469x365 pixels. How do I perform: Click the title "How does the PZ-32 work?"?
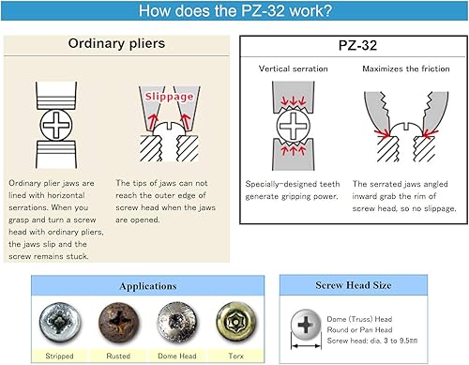click(234, 13)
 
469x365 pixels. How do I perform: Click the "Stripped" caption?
click(60, 355)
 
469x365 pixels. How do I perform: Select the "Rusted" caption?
click(118, 355)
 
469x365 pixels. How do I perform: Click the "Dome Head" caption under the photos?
click(175, 355)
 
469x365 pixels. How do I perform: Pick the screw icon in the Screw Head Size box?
click(305, 327)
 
